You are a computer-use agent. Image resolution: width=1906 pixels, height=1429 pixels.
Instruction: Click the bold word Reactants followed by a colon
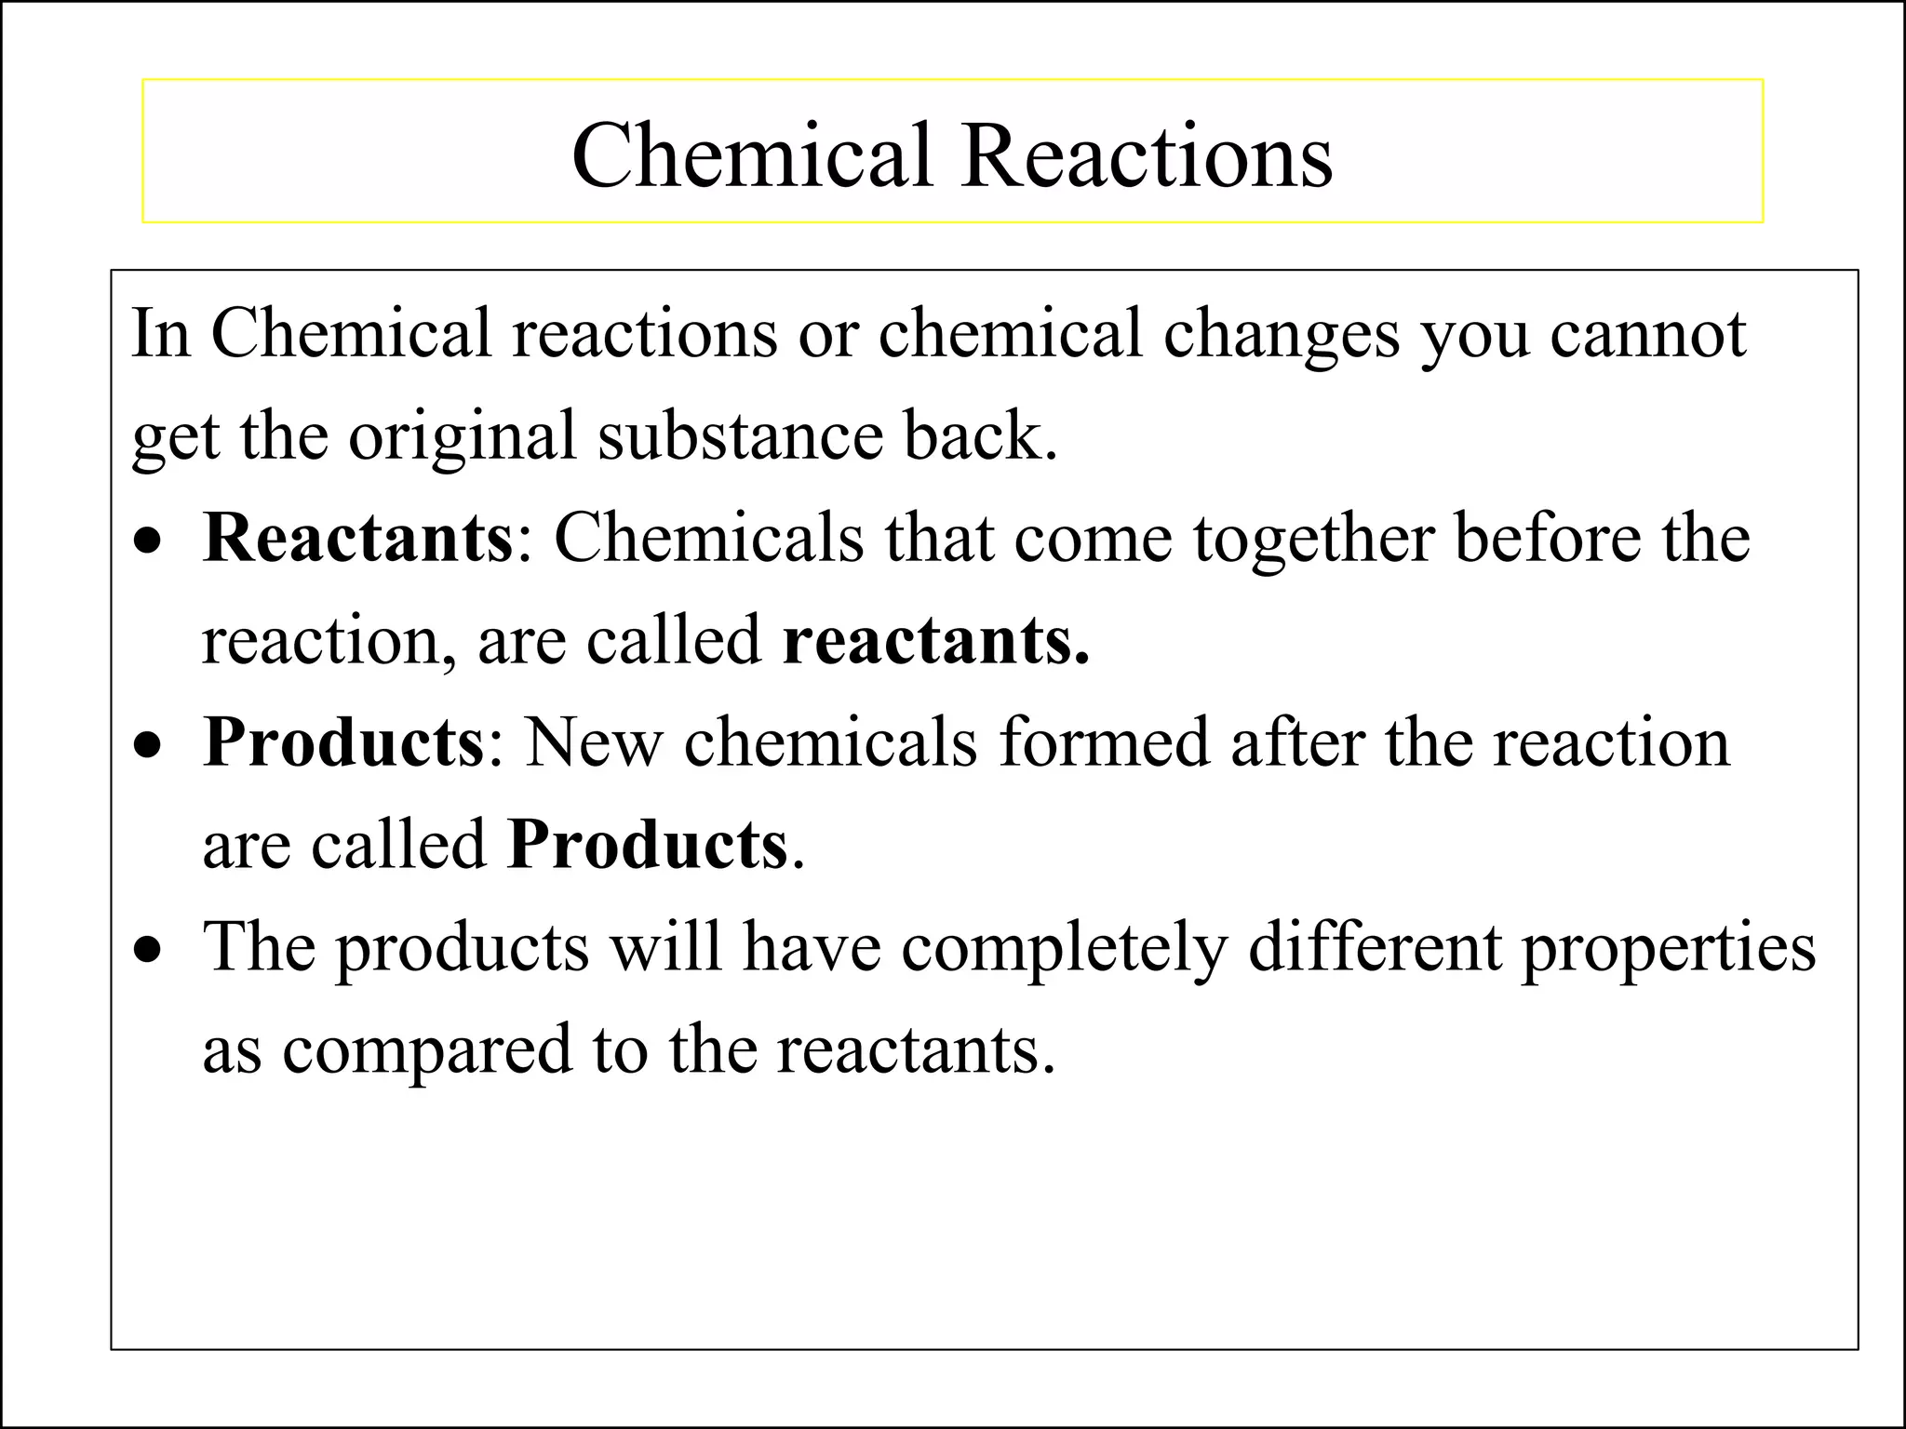357,539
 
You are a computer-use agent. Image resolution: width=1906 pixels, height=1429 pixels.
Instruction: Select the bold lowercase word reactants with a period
935,641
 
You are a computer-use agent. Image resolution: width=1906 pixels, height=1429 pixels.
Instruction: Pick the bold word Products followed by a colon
343,743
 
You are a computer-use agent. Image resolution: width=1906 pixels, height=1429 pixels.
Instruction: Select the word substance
740,436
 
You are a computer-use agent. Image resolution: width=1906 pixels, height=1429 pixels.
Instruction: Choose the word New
593,743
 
